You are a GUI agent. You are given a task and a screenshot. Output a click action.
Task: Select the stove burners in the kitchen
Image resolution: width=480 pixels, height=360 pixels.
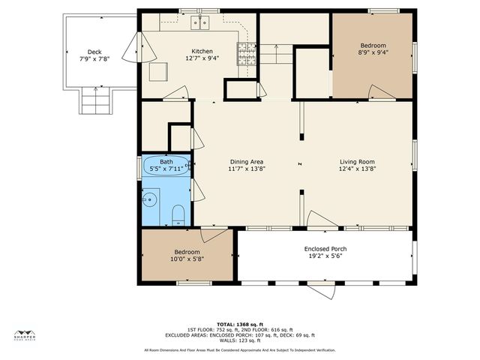coord(246,52)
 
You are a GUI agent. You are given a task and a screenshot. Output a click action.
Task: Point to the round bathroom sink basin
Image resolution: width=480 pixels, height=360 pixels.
coord(150,199)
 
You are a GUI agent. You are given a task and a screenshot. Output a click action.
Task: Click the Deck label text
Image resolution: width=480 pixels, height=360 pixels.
coord(94,52)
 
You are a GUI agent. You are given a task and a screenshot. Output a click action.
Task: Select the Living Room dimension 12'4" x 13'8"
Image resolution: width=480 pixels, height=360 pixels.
coord(356,169)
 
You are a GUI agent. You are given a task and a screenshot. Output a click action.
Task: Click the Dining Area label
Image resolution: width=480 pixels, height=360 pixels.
coord(247,162)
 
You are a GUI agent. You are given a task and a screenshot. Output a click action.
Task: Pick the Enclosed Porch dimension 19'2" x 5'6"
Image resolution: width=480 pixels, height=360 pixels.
coord(325,256)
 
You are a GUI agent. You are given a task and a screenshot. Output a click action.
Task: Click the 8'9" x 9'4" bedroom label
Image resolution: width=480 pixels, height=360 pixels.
coord(372,52)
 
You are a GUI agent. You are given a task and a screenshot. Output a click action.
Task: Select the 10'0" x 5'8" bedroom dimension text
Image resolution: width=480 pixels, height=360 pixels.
coord(187,259)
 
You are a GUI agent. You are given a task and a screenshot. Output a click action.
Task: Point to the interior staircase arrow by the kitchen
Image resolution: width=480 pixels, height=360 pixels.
coord(276,53)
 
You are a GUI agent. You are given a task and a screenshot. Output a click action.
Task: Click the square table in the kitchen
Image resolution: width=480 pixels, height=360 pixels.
coord(158,71)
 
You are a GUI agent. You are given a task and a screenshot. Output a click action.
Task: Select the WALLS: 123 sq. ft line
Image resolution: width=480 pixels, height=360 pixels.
coord(240,340)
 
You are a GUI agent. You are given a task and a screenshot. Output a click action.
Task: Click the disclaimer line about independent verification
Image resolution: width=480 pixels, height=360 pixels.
coord(240,350)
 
